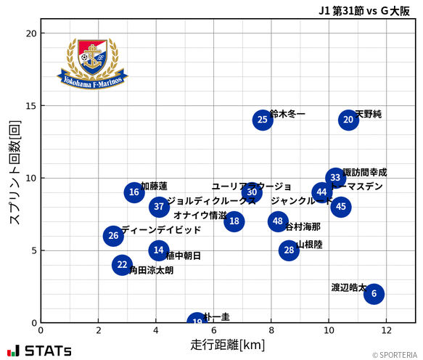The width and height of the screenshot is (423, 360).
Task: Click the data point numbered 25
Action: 263,120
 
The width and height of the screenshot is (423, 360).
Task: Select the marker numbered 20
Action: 348,120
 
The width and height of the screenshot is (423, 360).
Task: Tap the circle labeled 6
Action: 374,293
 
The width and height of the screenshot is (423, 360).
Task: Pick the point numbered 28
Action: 289,250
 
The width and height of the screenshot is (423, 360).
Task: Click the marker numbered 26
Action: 112,236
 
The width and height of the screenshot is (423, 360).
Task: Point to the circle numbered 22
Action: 122,265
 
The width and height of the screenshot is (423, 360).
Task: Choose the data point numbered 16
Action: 134,192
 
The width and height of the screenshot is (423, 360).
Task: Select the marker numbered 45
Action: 340,207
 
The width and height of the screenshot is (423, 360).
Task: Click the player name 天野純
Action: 369,114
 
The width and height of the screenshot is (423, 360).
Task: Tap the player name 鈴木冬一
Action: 287,114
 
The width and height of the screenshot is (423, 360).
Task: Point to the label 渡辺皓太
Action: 348,287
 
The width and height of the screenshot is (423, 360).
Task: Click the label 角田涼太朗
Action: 151,270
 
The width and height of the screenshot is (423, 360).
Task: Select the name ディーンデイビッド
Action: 161,230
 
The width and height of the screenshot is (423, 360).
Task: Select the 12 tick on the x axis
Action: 386,331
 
